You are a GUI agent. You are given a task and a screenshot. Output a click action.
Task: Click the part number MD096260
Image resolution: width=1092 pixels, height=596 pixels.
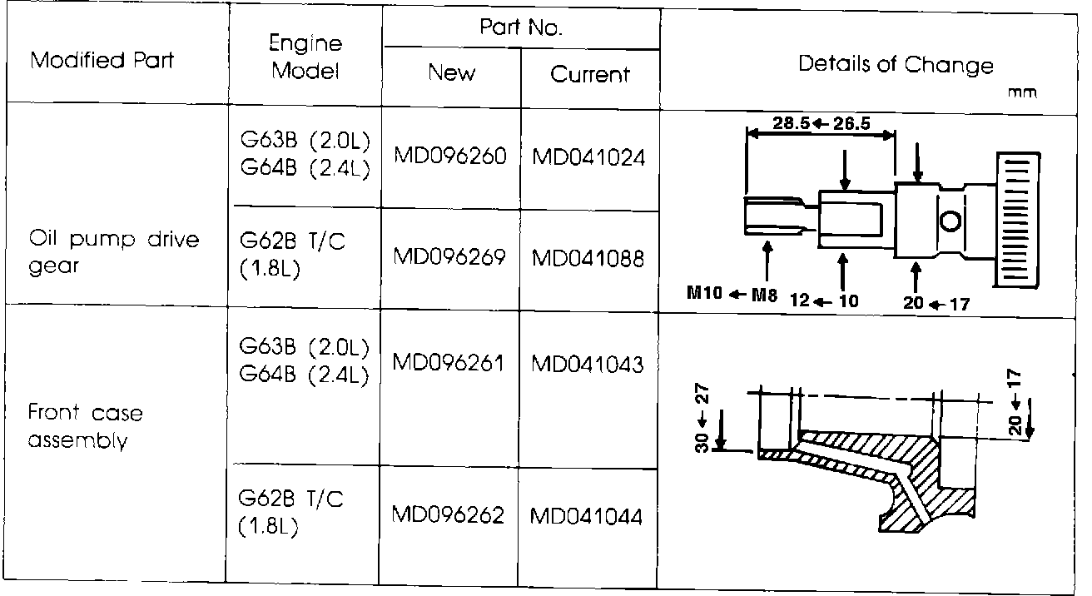(x=450, y=156)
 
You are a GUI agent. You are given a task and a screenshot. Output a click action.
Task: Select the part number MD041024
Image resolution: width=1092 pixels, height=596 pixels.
(x=589, y=157)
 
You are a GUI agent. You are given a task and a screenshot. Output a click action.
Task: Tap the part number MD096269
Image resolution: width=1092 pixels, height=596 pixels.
(x=450, y=257)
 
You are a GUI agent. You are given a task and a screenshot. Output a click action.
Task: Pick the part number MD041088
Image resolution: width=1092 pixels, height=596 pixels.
(x=589, y=258)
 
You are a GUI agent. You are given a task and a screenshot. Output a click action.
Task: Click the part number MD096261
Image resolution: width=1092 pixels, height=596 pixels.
(x=449, y=363)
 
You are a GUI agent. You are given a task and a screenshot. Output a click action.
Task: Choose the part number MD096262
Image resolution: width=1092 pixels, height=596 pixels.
(x=449, y=515)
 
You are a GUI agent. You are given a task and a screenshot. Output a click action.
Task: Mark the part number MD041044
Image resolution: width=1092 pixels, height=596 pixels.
(x=587, y=516)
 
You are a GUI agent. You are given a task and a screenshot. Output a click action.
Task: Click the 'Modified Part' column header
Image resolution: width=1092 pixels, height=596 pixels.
(x=102, y=61)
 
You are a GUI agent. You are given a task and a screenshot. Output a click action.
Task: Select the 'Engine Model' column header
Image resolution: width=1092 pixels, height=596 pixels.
(x=305, y=57)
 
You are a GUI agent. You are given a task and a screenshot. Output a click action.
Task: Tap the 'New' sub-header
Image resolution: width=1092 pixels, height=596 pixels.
(x=451, y=73)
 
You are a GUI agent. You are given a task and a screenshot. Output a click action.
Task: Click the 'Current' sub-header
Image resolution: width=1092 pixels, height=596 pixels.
(x=590, y=75)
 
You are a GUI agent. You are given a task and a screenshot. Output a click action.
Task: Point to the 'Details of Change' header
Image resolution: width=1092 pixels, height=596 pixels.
(x=896, y=65)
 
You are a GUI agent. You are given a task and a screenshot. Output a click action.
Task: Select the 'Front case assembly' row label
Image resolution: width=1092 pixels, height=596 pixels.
(x=85, y=426)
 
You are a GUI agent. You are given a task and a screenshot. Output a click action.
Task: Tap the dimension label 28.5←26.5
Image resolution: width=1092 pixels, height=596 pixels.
(x=821, y=124)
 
